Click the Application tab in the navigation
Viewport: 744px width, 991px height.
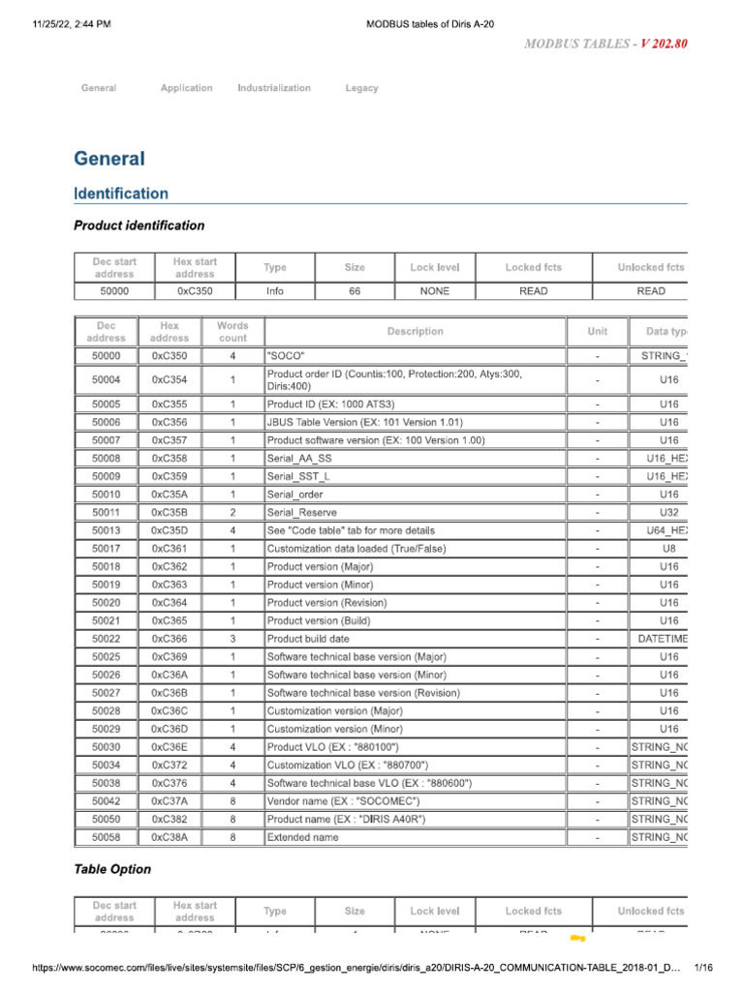(186, 88)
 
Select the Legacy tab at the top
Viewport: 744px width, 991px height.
(361, 88)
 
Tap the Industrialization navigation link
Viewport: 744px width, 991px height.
(274, 88)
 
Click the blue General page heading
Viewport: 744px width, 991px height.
(109, 159)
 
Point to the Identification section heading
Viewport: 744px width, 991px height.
(121, 194)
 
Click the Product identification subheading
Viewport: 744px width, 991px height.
(139, 225)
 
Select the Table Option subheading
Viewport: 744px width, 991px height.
(112, 869)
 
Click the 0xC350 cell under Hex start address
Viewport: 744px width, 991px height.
(195, 290)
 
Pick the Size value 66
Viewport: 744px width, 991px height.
(355, 290)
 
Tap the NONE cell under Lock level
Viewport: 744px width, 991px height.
(435, 290)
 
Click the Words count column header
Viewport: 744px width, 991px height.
(232, 332)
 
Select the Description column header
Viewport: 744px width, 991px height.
(415, 332)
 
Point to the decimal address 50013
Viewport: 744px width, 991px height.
(107, 530)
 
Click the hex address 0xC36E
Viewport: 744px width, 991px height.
(170, 746)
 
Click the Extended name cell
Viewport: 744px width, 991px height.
(303, 836)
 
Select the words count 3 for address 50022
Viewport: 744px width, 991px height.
(232, 639)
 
